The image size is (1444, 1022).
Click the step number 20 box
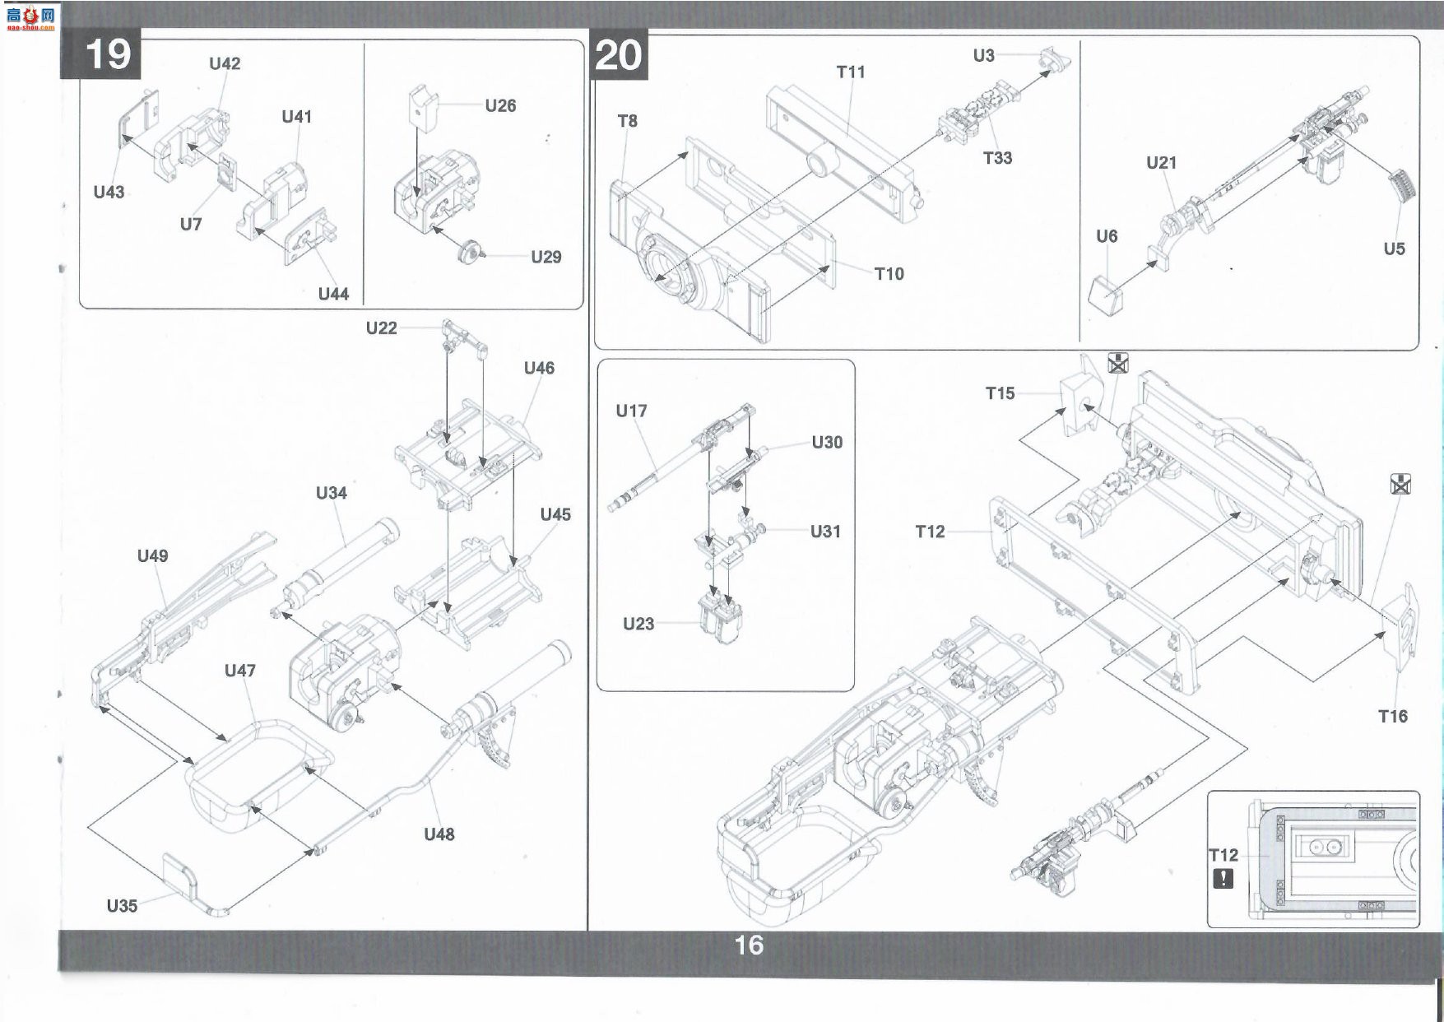point(620,56)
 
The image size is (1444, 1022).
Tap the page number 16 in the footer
point(749,945)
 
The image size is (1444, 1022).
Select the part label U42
point(225,63)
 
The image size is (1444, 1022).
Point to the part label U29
point(546,257)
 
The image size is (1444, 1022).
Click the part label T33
point(997,158)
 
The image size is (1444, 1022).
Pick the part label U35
point(122,906)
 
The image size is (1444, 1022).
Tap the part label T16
point(1393,717)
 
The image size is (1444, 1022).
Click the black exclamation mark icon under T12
point(1223,878)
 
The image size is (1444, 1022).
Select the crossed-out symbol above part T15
point(1117,362)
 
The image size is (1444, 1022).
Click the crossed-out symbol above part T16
point(1400,484)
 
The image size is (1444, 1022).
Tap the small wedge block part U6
point(1107,295)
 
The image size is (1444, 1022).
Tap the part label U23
point(638,624)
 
